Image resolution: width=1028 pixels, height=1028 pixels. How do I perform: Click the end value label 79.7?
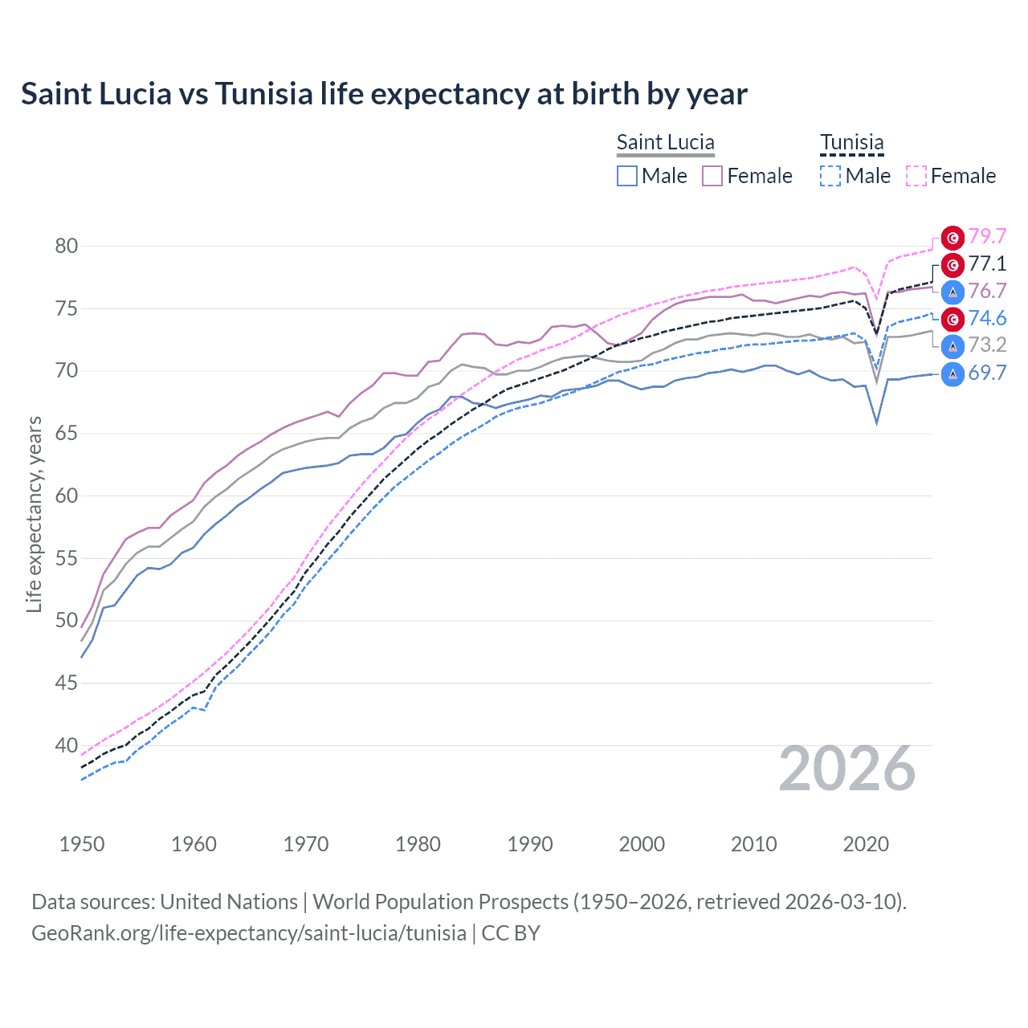click(x=987, y=237)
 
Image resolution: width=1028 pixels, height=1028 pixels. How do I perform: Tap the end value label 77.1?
click(x=987, y=264)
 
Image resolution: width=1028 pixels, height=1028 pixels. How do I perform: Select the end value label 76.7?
click(x=987, y=291)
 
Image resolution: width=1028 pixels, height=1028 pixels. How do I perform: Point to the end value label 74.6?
click(x=987, y=319)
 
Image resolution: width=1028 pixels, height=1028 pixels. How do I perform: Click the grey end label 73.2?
click(x=987, y=345)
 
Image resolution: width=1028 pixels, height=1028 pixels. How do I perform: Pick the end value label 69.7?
click(x=987, y=373)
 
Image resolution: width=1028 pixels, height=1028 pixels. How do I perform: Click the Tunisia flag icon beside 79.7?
click(x=953, y=238)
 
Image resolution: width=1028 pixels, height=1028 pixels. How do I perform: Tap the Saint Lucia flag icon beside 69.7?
click(x=953, y=373)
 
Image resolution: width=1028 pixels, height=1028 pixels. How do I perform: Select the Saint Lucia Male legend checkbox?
click(x=627, y=176)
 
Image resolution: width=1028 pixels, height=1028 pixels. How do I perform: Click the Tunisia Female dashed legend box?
click(x=916, y=176)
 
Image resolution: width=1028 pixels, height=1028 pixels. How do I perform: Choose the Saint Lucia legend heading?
click(x=665, y=143)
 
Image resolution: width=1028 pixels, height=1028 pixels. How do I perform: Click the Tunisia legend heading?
click(x=851, y=143)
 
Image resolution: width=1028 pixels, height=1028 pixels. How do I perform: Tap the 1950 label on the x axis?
click(x=82, y=844)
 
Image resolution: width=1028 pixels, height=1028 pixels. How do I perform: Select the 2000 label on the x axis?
click(x=642, y=844)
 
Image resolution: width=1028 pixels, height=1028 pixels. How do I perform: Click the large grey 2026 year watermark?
click(x=846, y=769)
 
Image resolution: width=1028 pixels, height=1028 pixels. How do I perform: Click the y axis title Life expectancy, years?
click(x=35, y=514)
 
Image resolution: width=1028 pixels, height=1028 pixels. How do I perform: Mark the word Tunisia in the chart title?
click(x=263, y=94)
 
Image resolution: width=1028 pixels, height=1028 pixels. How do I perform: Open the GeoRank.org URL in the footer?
click(x=249, y=933)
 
